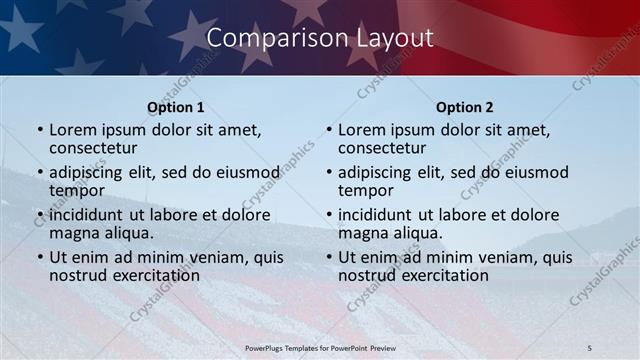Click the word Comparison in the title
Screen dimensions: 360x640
pyautogui.click(x=268, y=38)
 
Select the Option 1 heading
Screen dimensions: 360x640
pyautogui.click(x=176, y=107)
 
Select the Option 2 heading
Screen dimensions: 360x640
pyautogui.click(x=465, y=107)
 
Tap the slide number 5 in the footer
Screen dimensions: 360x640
pyautogui.click(x=590, y=347)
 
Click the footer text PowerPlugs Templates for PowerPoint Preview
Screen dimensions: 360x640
pyautogui.click(x=319, y=347)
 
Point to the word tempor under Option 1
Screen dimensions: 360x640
pyautogui.click(x=77, y=191)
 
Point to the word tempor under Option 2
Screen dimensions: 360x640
pyautogui.click(x=366, y=191)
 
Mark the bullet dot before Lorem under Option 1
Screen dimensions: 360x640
pyautogui.click(x=40, y=130)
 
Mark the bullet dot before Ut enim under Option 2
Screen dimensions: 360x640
pyautogui.click(x=329, y=257)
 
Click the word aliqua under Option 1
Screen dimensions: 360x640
pyautogui.click(x=129, y=233)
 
